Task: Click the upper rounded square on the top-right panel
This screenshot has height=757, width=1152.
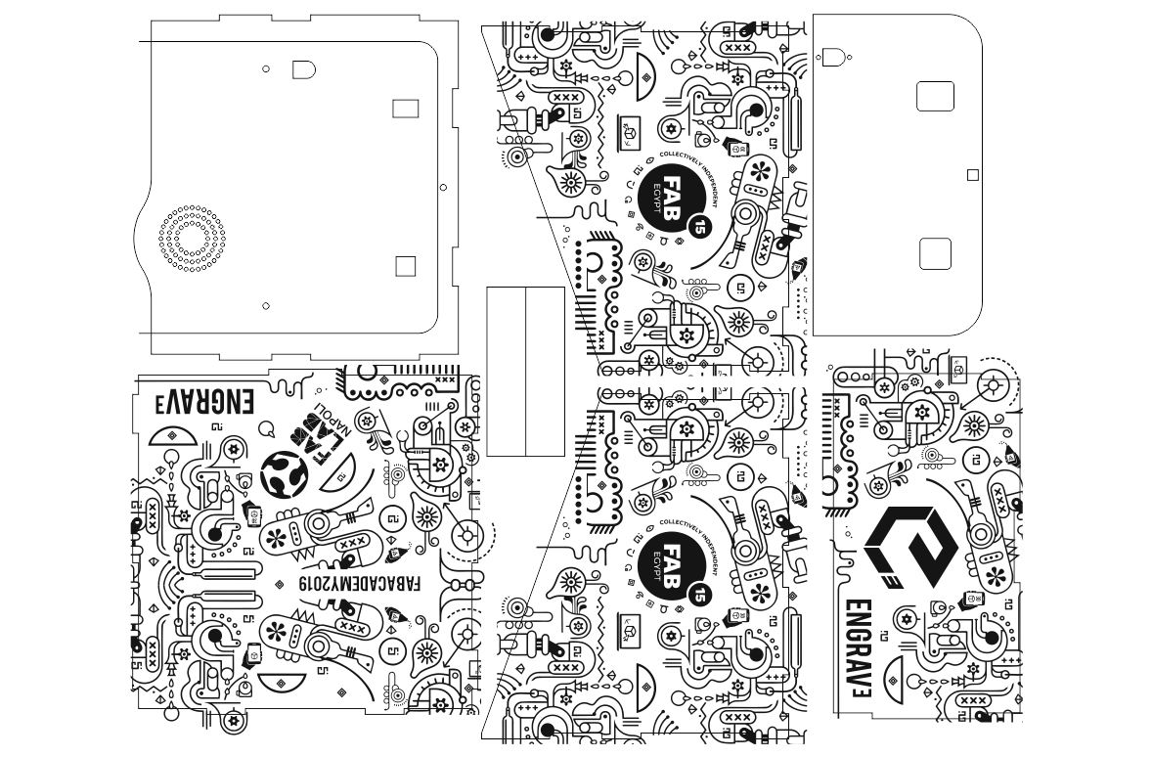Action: point(935,96)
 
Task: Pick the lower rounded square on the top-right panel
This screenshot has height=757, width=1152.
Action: point(935,253)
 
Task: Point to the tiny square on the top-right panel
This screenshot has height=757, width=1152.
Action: point(972,175)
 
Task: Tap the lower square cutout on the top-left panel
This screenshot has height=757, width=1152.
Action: point(405,265)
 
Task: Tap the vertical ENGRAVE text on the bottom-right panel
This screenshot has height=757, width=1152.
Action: point(860,655)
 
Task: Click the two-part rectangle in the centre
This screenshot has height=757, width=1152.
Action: point(526,371)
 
